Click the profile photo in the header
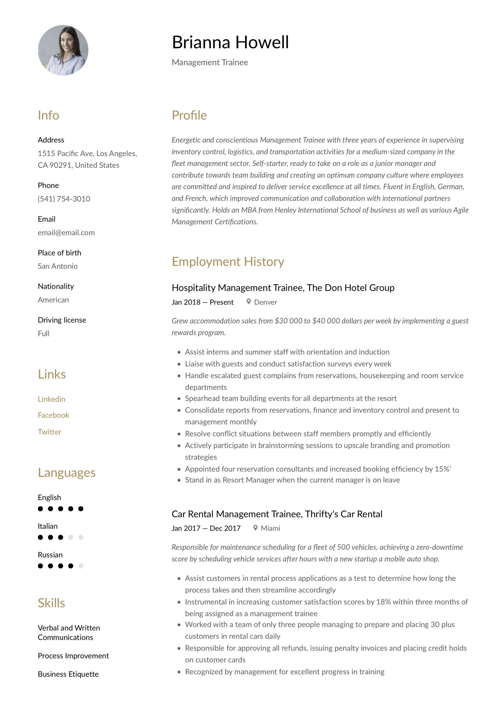tap(63, 50)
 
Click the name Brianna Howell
tap(230, 42)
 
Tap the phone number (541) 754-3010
tap(64, 199)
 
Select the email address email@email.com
tap(66, 233)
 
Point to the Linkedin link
tap(51, 399)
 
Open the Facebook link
tap(53, 415)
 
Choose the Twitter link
tap(49, 432)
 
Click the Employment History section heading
tap(228, 262)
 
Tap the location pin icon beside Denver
tap(249, 301)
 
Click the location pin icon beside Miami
tap(255, 528)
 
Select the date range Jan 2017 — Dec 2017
tap(206, 528)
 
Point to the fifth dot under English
tap(81, 509)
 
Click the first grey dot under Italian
tap(71, 537)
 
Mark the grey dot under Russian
tap(81, 566)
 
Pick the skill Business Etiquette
tap(68, 674)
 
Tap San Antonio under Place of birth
tap(58, 266)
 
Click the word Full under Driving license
tap(43, 333)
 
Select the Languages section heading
tap(67, 472)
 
